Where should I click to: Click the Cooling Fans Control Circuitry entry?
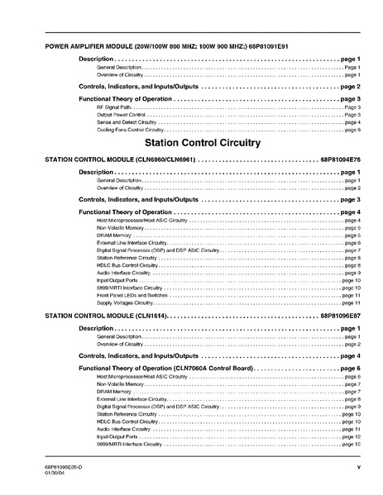pos(130,130)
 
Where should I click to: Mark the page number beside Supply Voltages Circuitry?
pos(351,302)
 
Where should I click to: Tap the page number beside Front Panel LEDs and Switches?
pos(351,295)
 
